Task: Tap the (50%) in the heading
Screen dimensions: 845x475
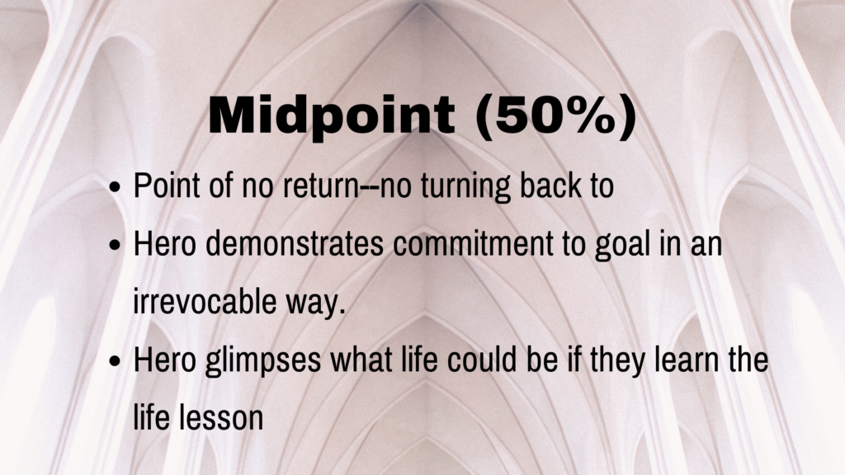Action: [556, 116]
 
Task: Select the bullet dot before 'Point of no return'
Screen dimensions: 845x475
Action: [115, 188]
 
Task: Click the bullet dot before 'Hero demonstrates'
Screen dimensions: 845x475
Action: [115, 246]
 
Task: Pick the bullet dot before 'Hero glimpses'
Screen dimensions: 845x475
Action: [115, 361]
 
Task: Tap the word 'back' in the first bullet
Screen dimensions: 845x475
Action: [548, 186]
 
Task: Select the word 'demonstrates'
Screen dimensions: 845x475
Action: [295, 244]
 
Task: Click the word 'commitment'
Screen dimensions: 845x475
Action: [473, 244]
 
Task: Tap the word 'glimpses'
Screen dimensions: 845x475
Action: [263, 361]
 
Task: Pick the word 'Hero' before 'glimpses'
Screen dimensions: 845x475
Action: [164, 360]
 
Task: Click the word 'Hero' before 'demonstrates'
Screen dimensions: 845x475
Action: [164, 244]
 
